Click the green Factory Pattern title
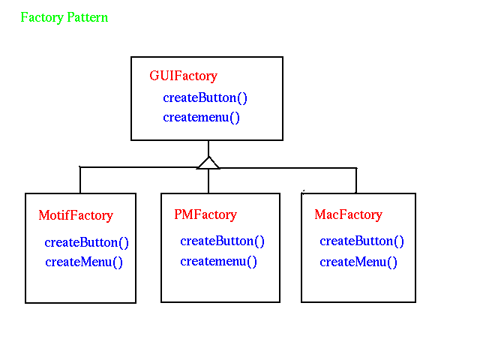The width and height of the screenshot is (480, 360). [64, 17]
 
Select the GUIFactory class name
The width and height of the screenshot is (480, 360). [183, 76]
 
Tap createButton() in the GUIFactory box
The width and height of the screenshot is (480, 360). [205, 98]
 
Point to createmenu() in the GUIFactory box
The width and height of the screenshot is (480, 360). [201, 118]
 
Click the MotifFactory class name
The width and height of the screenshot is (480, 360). [76, 215]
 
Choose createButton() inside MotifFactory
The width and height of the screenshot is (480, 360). [87, 243]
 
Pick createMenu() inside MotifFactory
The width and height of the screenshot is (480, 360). [84, 262]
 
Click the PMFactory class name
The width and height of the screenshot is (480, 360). [205, 215]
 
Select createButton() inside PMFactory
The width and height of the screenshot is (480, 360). [222, 241]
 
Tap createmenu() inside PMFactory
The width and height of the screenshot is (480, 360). [218, 262]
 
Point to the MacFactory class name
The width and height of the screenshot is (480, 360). [348, 215]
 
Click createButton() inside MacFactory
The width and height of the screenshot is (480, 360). [361, 241]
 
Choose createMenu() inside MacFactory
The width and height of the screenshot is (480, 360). [358, 262]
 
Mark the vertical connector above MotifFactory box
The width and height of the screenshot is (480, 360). [80, 180]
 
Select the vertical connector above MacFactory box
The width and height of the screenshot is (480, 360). [356, 180]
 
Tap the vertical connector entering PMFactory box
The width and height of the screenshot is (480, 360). [208, 181]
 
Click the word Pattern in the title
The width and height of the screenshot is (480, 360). [88, 17]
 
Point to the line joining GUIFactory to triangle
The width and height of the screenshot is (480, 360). [208, 148]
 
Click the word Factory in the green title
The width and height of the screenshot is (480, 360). [42, 17]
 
